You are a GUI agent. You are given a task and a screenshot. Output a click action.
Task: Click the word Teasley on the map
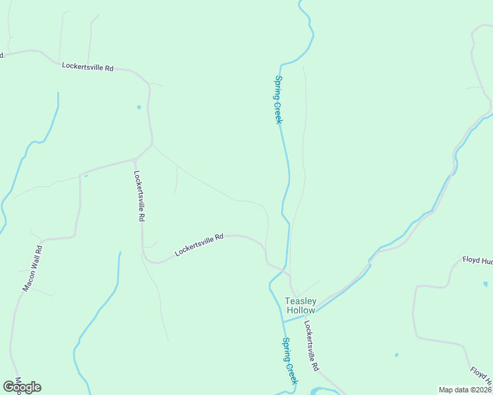[301, 301]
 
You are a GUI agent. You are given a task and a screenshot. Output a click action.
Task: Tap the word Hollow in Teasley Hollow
[301, 310]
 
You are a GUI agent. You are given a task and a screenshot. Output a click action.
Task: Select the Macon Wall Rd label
[32, 268]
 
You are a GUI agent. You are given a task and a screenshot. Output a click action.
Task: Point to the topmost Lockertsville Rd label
[88, 66]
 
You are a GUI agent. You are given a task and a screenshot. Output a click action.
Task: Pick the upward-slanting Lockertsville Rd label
[199, 244]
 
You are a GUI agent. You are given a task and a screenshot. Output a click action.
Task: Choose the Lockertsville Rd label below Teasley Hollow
[312, 345]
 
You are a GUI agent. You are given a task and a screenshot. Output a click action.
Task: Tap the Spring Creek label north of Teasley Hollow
[278, 100]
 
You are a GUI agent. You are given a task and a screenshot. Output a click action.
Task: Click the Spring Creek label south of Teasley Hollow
[290, 361]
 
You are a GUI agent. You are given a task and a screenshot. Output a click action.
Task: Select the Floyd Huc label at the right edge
[477, 261]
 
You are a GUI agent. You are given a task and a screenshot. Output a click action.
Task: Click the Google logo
[22, 387]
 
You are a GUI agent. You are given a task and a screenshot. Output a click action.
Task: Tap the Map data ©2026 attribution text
[465, 390]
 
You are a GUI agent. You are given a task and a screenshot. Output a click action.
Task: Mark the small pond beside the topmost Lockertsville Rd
[138, 107]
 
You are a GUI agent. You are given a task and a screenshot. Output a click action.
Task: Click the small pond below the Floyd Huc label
[486, 284]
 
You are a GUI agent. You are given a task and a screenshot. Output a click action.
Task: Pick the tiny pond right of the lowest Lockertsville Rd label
[396, 355]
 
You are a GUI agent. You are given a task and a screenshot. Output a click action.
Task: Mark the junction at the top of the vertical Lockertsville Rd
[135, 159]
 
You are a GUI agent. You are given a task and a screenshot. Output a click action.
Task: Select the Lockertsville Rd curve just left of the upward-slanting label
[153, 261]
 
